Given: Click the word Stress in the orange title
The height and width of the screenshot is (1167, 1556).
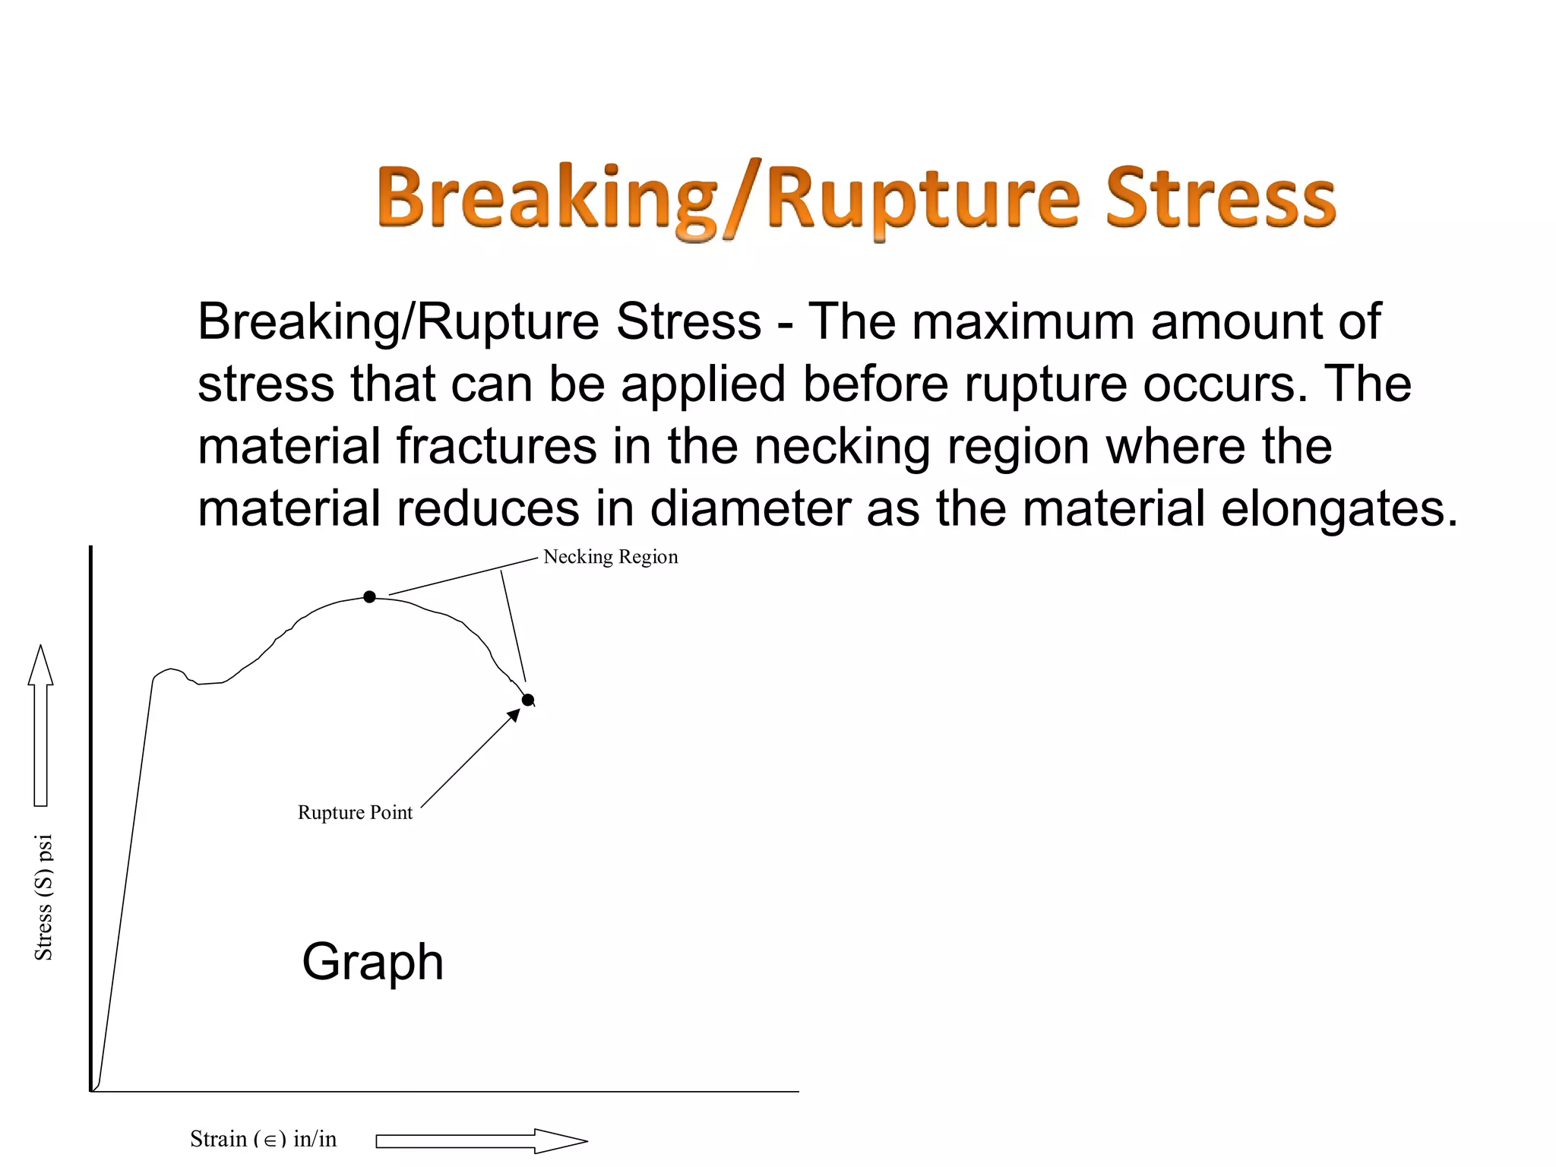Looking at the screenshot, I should [x=1219, y=198].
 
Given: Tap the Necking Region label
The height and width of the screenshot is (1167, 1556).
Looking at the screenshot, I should [x=610, y=557].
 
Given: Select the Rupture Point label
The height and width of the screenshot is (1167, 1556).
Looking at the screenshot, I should [x=355, y=813].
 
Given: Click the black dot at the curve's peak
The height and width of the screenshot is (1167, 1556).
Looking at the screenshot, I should [x=369, y=597].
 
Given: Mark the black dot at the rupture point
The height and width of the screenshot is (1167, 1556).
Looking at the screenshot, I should [x=528, y=700].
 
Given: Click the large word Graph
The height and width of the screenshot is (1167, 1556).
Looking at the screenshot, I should [x=372, y=962].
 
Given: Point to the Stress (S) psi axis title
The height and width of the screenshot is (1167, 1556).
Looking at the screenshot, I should [x=44, y=897].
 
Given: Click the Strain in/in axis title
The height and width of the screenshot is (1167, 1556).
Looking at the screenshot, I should [x=263, y=1139].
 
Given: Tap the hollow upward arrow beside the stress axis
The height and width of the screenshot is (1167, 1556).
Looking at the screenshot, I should [x=41, y=726].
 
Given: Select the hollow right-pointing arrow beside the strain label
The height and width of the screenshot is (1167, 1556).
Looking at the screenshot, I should [x=481, y=1140].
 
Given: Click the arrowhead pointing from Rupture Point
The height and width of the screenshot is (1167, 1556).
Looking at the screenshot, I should [x=514, y=714].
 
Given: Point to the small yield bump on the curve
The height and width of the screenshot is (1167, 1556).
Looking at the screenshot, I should [x=171, y=671].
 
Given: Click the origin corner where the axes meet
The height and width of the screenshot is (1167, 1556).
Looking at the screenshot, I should [x=91, y=1091].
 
